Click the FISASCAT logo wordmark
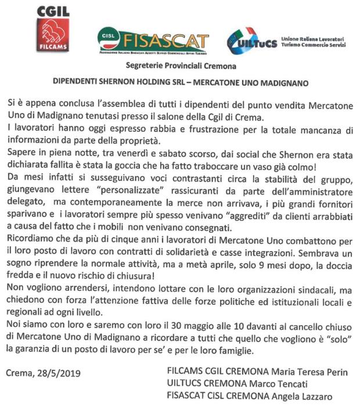pyautogui.click(x=165, y=41)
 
